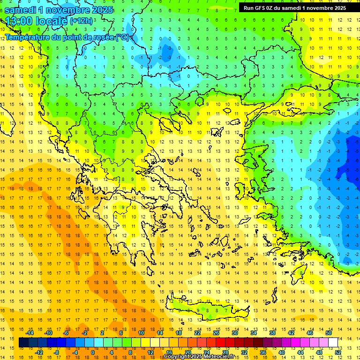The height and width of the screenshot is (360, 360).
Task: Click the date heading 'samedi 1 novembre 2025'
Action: pyautogui.click(x=59, y=9)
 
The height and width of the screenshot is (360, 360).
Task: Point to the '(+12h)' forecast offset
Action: pyautogui.click(x=81, y=21)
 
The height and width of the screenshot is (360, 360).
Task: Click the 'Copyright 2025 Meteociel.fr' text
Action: pyautogui.click(x=199, y=357)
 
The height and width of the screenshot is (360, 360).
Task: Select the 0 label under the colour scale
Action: pyautogui.click(x=93, y=352)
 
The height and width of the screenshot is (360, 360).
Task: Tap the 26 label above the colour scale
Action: pyautogui.click(x=216, y=333)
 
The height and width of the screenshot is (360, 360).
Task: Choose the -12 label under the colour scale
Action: pyautogui.click(x=39, y=352)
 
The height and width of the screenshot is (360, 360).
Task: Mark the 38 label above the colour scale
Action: pyautogui.click(x=272, y=333)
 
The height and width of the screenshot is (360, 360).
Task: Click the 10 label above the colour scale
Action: pyautogui.click(x=141, y=333)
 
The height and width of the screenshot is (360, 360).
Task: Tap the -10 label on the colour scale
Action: pyautogui.click(x=48, y=333)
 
